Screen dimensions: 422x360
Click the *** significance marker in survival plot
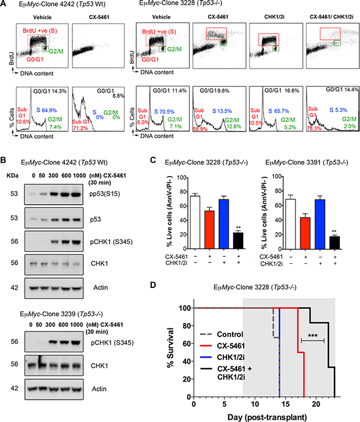(x=312, y=336)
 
